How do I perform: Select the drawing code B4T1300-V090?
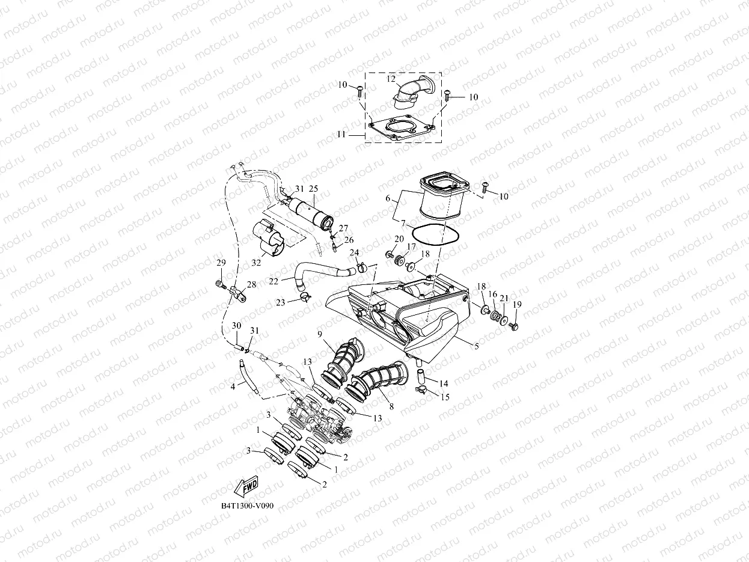pyautogui.click(x=247, y=505)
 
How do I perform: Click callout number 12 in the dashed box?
pyautogui.click(x=391, y=79)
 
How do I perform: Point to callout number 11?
pyautogui.click(x=341, y=135)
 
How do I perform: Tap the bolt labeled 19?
pyautogui.click(x=513, y=326)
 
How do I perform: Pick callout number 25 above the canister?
pyautogui.click(x=313, y=189)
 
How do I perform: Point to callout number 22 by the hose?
pyautogui.click(x=273, y=281)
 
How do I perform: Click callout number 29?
pyautogui.click(x=221, y=263)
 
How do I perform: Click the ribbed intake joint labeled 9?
pyautogui.click(x=343, y=361)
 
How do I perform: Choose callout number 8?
pyautogui.click(x=391, y=406)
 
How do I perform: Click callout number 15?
pyautogui.click(x=445, y=397)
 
